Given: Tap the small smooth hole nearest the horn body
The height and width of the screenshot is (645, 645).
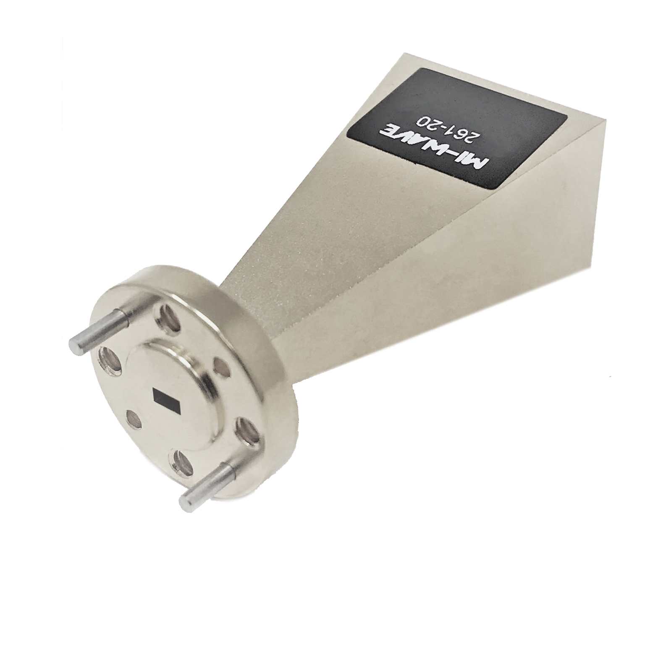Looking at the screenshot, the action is [x=221, y=367].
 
